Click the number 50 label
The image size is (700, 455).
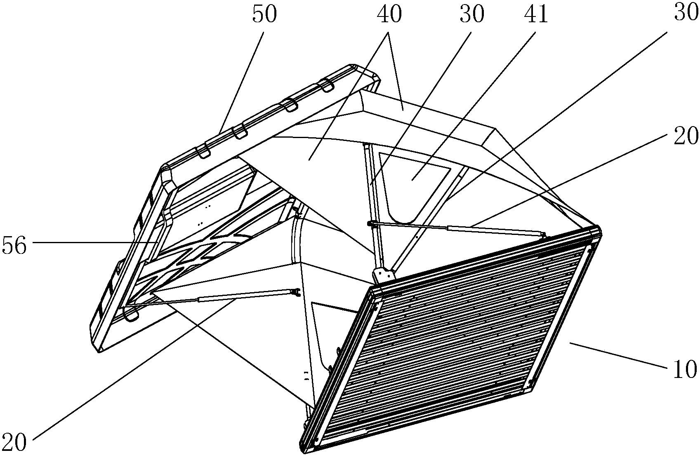265,15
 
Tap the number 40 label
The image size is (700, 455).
389,15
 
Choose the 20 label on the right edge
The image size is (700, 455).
686,136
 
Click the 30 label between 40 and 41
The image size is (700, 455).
471,15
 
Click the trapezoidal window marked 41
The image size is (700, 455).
412,184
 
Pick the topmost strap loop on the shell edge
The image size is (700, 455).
326,84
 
